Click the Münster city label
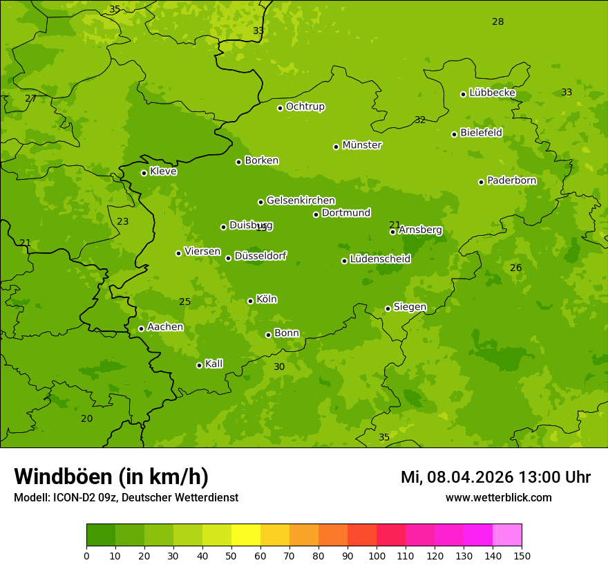[x=361, y=145]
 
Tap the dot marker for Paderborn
[x=482, y=182]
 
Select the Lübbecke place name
[x=492, y=93]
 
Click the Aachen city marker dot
[x=142, y=328]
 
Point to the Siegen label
[x=410, y=307]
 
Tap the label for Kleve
[x=163, y=172]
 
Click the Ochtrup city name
[x=305, y=107]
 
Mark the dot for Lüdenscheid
[x=344, y=261]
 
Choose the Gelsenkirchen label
[x=301, y=201]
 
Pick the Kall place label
[x=213, y=364]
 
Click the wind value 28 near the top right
[x=497, y=22]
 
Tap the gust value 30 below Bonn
[x=279, y=367]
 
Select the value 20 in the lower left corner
[x=86, y=418]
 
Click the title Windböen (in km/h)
[x=111, y=476]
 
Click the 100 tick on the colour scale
[x=377, y=555]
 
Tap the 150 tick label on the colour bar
[x=522, y=555]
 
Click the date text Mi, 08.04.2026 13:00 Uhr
[x=495, y=477]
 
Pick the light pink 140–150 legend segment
[x=507, y=535]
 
